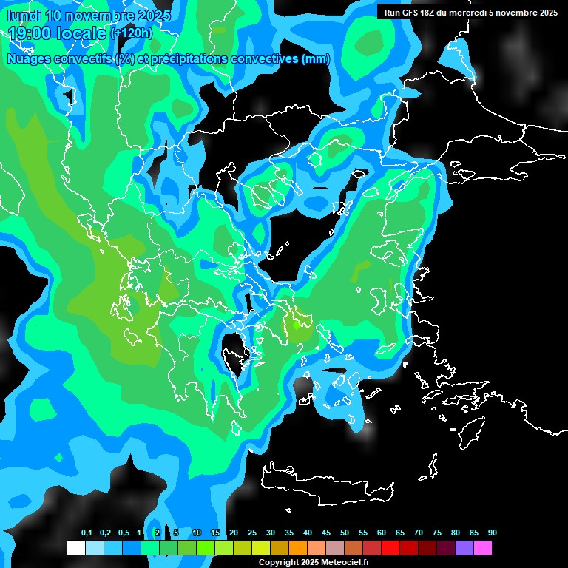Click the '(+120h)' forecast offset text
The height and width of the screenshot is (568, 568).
tap(132, 33)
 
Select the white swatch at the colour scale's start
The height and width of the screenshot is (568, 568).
tap(76, 548)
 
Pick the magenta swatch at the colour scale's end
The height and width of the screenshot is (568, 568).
tap(483, 548)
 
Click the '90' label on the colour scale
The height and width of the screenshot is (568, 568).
tap(493, 533)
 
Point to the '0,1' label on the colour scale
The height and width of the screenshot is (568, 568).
tap(87, 533)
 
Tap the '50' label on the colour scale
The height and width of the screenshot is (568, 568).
tap(345, 533)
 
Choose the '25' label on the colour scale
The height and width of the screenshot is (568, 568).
tap(252, 533)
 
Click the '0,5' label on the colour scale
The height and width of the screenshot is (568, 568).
tap(124, 533)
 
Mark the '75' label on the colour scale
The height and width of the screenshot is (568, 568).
tap(437, 533)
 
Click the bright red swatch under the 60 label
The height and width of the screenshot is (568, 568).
tap(390, 548)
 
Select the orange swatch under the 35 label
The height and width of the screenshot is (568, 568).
tap(298, 548)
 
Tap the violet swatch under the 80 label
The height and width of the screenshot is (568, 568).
tap(464, 548)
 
